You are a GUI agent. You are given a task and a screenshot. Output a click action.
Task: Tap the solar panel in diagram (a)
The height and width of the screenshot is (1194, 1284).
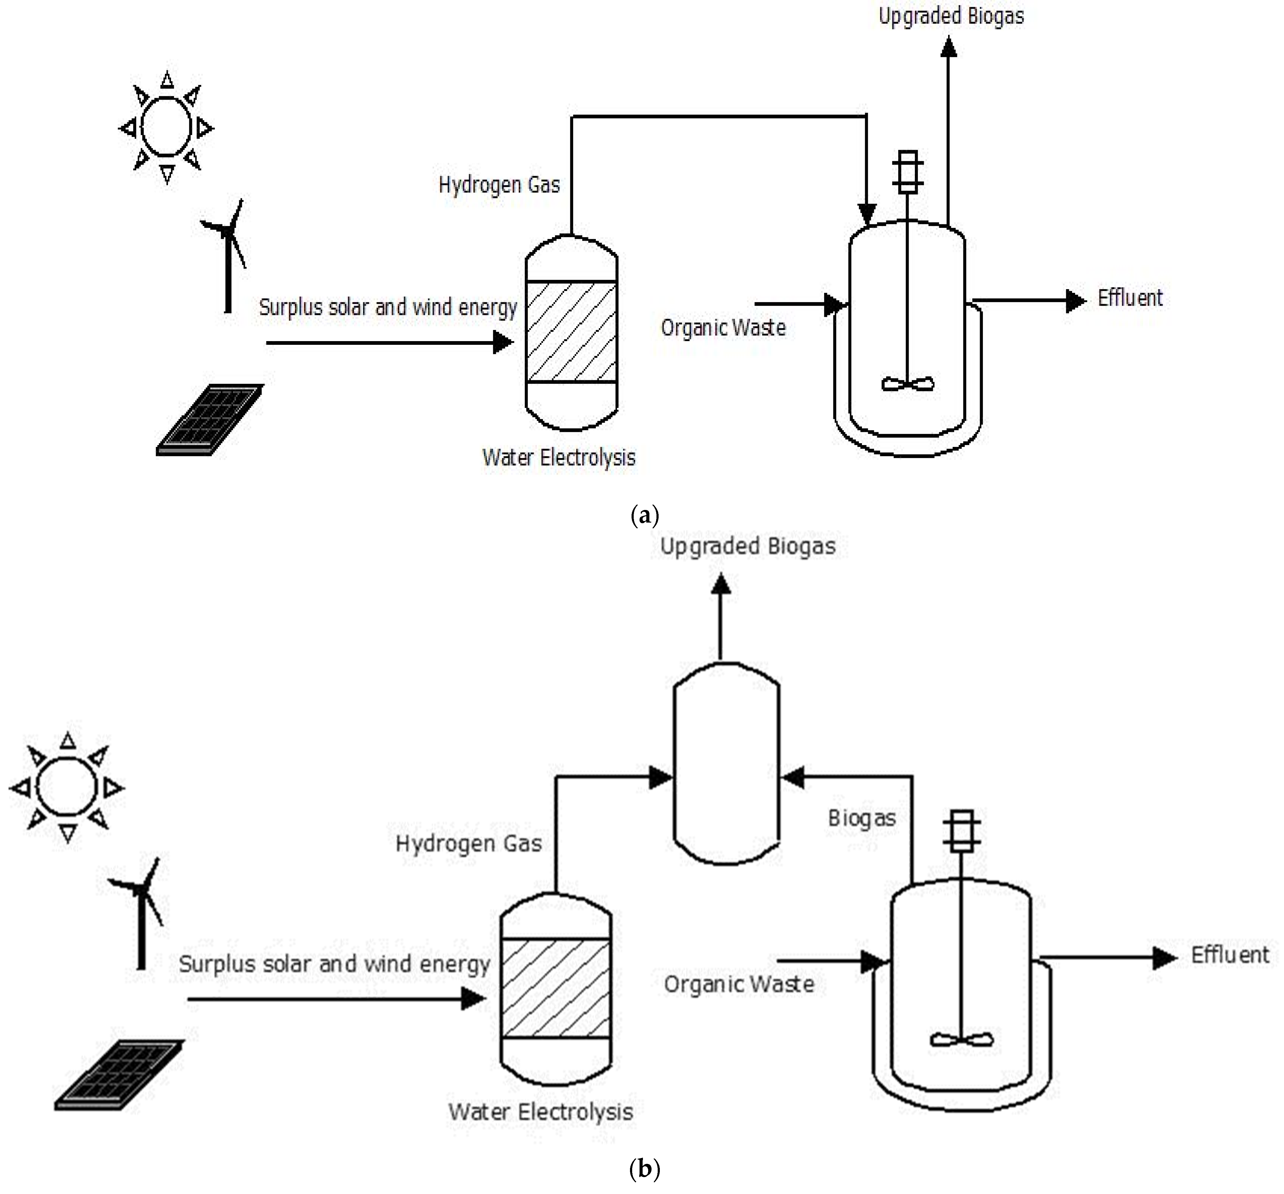click(210, 420)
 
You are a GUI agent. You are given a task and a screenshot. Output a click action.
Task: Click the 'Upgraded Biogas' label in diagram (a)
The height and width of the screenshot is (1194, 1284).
click(951, 15)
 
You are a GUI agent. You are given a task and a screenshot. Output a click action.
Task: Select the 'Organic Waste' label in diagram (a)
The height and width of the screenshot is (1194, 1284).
click(723, 328)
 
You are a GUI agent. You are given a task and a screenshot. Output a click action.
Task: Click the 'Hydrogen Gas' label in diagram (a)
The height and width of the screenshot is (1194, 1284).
click(499, 185)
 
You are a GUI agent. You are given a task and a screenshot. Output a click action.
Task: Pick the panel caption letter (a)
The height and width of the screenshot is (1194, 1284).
click(644, 515)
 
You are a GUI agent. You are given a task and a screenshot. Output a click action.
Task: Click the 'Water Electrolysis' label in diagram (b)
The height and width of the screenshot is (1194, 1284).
click(540, 1111)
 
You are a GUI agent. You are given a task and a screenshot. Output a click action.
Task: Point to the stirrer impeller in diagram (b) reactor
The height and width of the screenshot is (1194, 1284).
click(961, 1040)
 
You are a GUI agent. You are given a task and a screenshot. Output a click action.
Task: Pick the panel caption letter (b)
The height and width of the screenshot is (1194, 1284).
click(644, 1169)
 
